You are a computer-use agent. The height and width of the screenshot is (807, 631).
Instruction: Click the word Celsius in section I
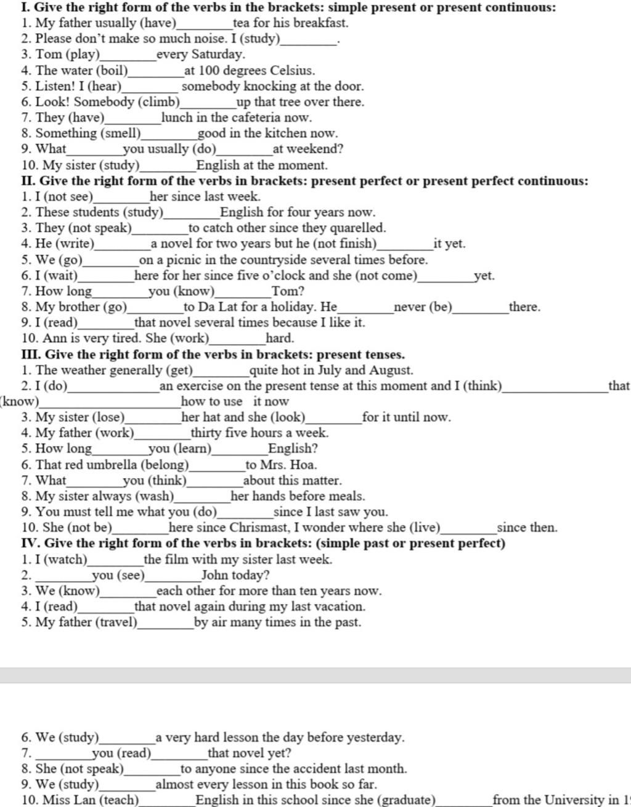click(x=292, y=70)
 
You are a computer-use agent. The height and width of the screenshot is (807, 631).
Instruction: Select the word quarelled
click(x=357, y=228)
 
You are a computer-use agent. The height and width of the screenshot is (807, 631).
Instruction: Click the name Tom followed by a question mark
click(x=285, y=291)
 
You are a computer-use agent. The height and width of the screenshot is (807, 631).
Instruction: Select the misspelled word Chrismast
click(x=261, y=528)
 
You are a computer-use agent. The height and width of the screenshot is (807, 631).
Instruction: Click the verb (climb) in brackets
click(x=159, y=102)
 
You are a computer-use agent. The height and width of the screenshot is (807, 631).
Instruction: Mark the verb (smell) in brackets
click(x=121, y=133)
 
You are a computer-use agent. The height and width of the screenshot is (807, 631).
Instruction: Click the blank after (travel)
click(x=166, y=623)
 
